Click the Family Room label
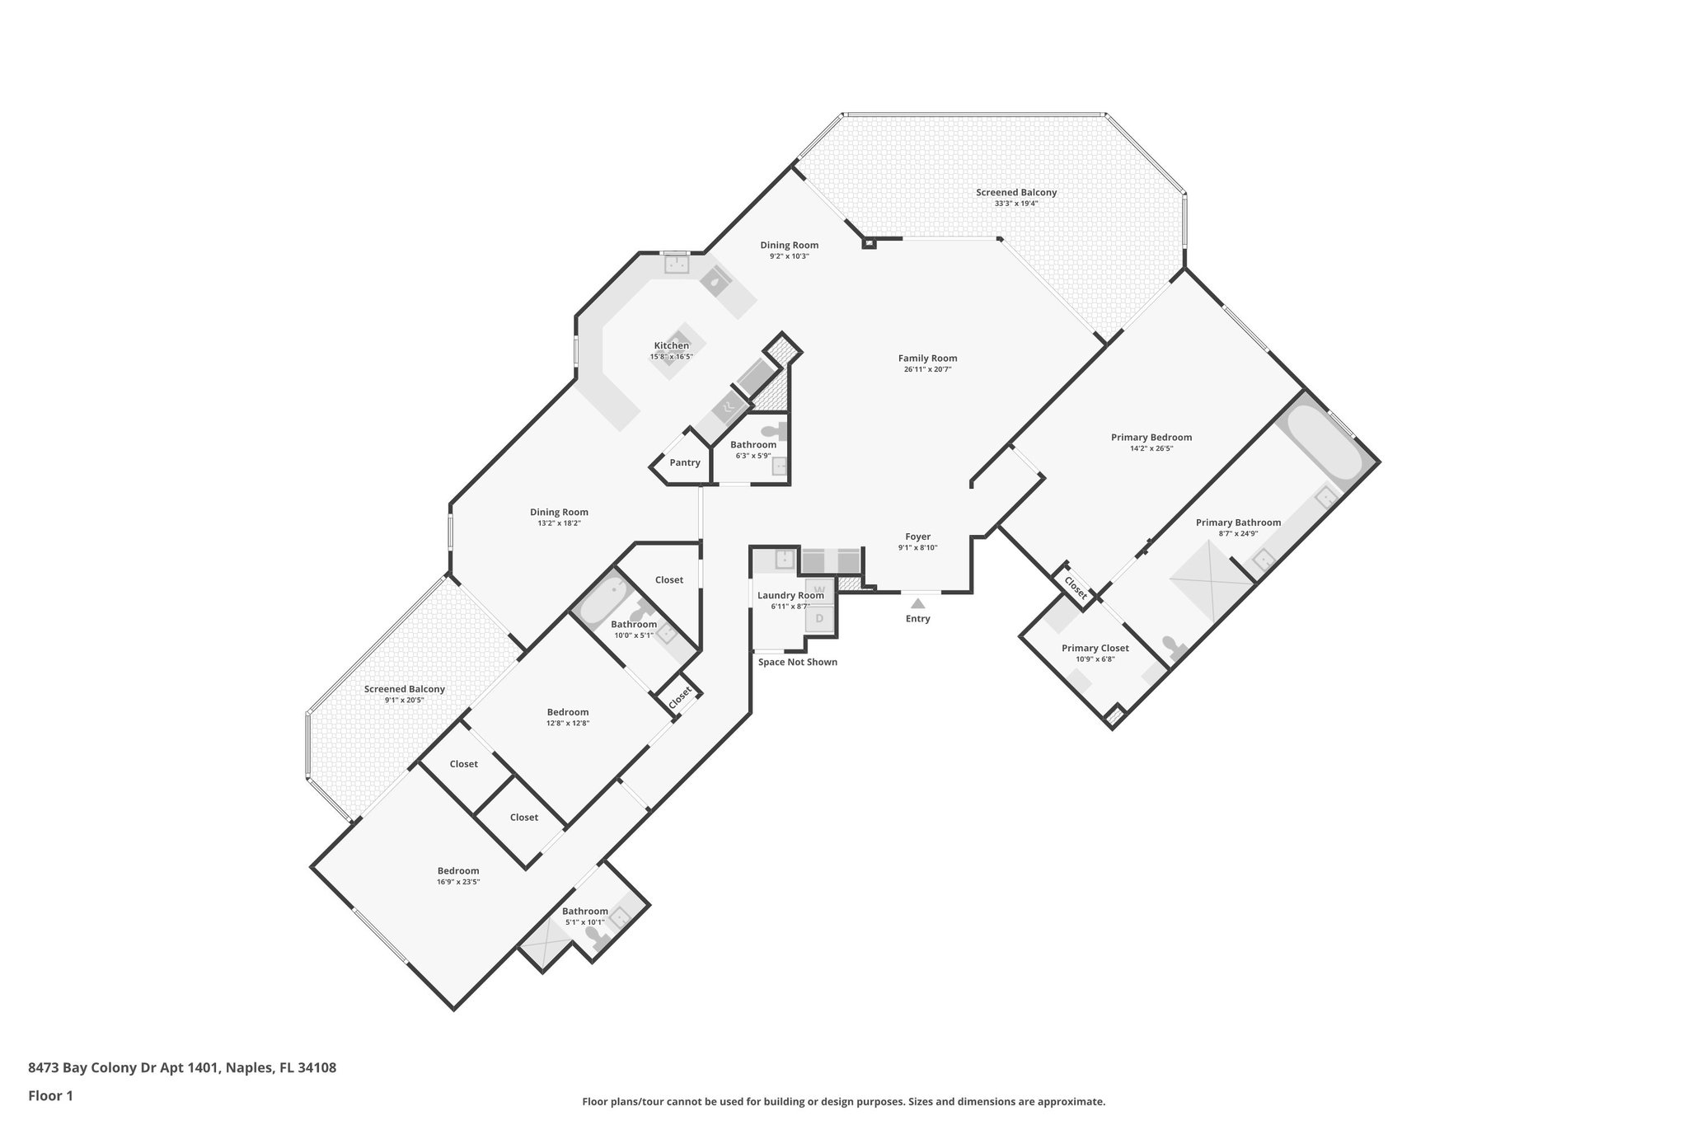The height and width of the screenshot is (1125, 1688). coord(927,359)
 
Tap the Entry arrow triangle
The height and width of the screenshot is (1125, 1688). coord(917,603)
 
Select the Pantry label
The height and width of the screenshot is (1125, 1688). coord(685,462)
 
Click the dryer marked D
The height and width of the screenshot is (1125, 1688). coord(820,618)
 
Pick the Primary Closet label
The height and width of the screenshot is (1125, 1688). coord(1095,648)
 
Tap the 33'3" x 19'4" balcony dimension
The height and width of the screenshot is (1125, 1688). coord(1015,204)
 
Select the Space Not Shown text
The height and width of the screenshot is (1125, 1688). coord(797,662)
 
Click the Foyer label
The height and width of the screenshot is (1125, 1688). coord(917,537)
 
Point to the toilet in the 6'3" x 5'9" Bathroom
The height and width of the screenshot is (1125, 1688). coord(773,430)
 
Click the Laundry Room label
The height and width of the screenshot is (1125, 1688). coord(790,595)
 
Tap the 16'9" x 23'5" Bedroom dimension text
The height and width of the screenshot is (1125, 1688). coord(458,882)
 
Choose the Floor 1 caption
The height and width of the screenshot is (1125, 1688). coord(50,1096)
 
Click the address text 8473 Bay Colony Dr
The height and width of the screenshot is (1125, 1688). coord(181,1068)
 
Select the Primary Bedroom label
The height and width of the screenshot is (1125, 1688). coord(1151,438)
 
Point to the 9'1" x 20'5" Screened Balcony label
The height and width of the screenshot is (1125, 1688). coord(404,689)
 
